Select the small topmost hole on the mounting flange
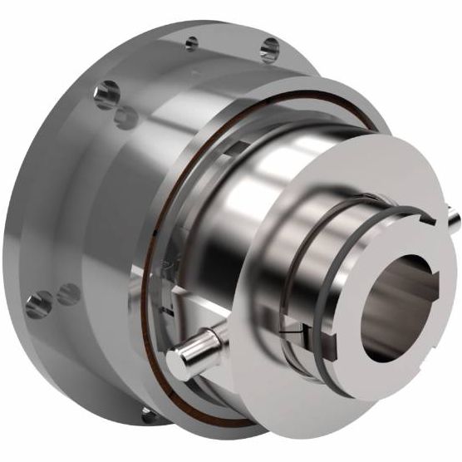pyautogui.click(x=192, y=42)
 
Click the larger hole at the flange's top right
pyautogui.click(x=269, y=49)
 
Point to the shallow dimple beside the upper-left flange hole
pyautogui.click(x=126, y=116)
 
